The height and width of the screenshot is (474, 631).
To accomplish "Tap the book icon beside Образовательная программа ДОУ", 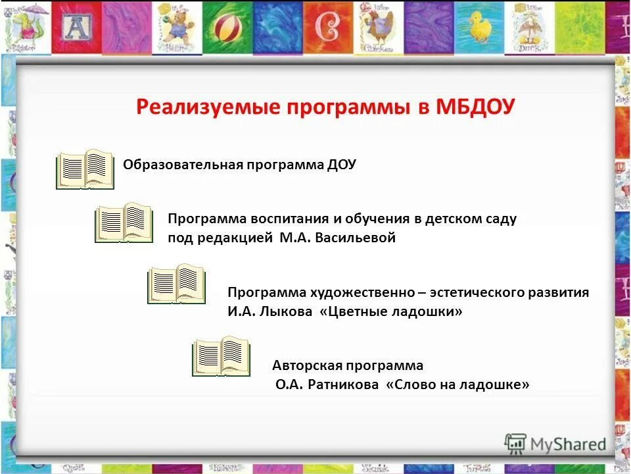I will tap(85, 169).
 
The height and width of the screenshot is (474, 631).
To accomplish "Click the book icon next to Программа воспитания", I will tap(124, 223).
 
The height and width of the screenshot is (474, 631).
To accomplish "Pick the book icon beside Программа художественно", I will tap(176, 284).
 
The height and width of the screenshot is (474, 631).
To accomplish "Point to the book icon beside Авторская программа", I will tap(221, 356).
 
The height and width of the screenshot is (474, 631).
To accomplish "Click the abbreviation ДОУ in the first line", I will tap(340, 165).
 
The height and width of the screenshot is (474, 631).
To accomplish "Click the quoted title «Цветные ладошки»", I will tap(391, 312).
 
